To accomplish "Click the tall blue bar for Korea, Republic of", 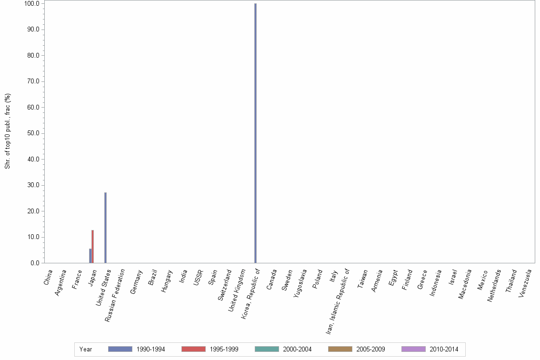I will (255, 133).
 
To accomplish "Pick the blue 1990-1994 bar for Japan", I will (90, 256).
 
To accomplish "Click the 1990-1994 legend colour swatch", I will (120, 349).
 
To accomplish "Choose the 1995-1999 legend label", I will (224, 349).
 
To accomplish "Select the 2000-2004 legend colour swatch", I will (267, 349).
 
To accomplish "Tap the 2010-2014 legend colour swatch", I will (413, 349).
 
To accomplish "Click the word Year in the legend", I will (86, 349).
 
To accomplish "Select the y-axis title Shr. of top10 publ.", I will (8, 131).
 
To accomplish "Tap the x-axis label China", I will (49, 277).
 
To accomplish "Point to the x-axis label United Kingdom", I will (237, 286).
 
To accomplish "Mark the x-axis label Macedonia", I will (465, 284).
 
